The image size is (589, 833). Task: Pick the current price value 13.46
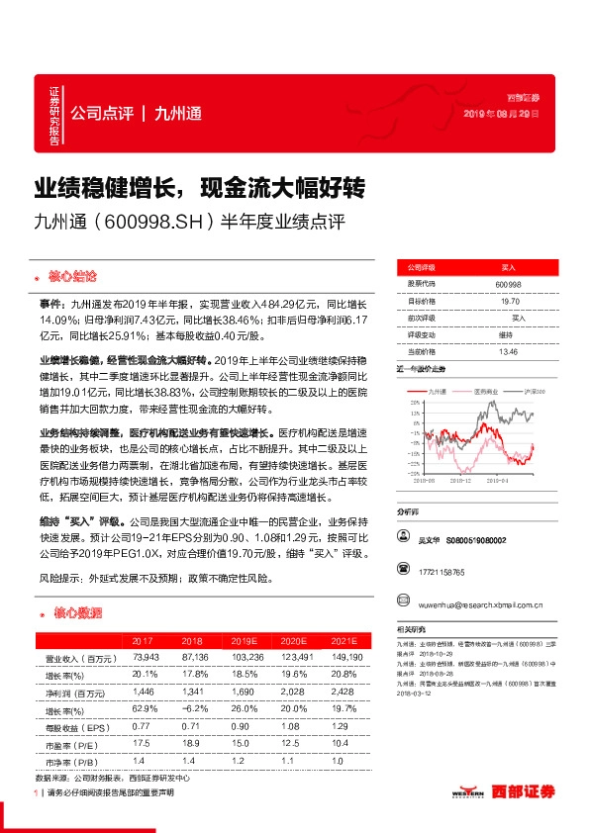pos(508,351)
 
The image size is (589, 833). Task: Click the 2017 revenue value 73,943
pos(146,657)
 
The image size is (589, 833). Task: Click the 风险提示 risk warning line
pos(155,574)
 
